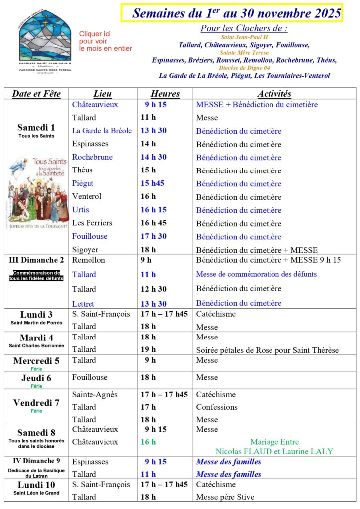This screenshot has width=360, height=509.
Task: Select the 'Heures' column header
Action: pyautogui.click(x=165, y=94)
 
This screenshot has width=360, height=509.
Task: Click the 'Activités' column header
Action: pyautogui.click(x=274, y=94)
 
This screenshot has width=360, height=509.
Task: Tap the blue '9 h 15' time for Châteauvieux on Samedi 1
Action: pyautogui.click(x=156, y=105)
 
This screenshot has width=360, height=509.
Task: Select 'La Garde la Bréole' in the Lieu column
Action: pyautogui.click(x=102, y=131)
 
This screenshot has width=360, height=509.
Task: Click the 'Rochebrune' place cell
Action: pyautogui.click(x=92, y=157)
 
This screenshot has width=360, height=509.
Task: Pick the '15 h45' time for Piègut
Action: pyautogui.click(x=153, y=183)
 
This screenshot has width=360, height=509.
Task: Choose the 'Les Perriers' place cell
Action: pyautogui.click(x=92, y=223)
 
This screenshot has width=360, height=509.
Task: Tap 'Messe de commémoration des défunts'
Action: pyautogui.click(x=256, y=274)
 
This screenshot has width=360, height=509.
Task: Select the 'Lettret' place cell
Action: pyautogui.click(x=83, y=304)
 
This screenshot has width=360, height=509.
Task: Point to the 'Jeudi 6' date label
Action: pyautogui.click(x=36, y=378)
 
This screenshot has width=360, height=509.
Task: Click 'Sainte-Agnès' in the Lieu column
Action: pyautogui.click(x=95, y=395)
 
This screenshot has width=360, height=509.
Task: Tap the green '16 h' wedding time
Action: pyautogui.click(x=148, y=442)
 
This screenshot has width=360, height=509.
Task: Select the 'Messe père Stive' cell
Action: pyautogui.click(x=225, y=497)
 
